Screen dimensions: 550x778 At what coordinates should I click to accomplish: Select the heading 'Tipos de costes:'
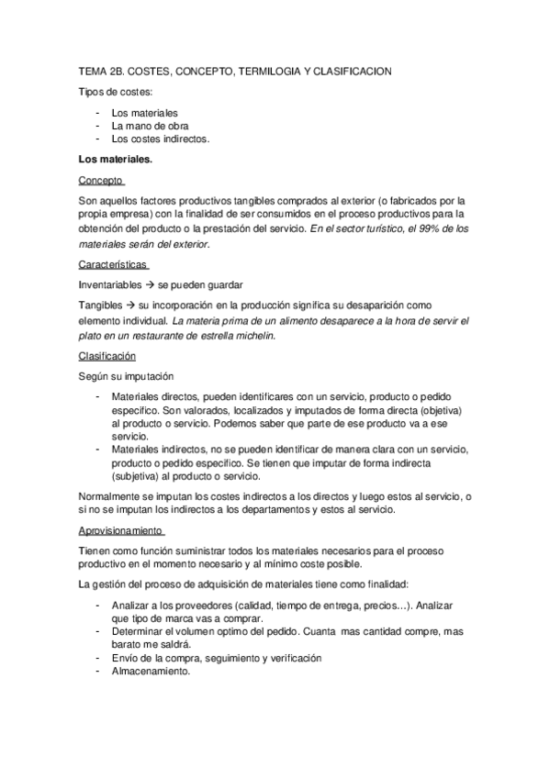click(117, 93)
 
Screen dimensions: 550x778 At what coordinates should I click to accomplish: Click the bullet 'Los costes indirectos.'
click(161, 139)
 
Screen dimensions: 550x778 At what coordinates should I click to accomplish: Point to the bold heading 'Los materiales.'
click(116, 159)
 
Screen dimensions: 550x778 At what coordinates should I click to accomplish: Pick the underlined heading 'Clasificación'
click(107, 355)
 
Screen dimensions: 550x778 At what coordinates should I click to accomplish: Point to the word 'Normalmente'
click(114, 496)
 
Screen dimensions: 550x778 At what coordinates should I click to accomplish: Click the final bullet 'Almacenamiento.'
click(151, 671)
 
